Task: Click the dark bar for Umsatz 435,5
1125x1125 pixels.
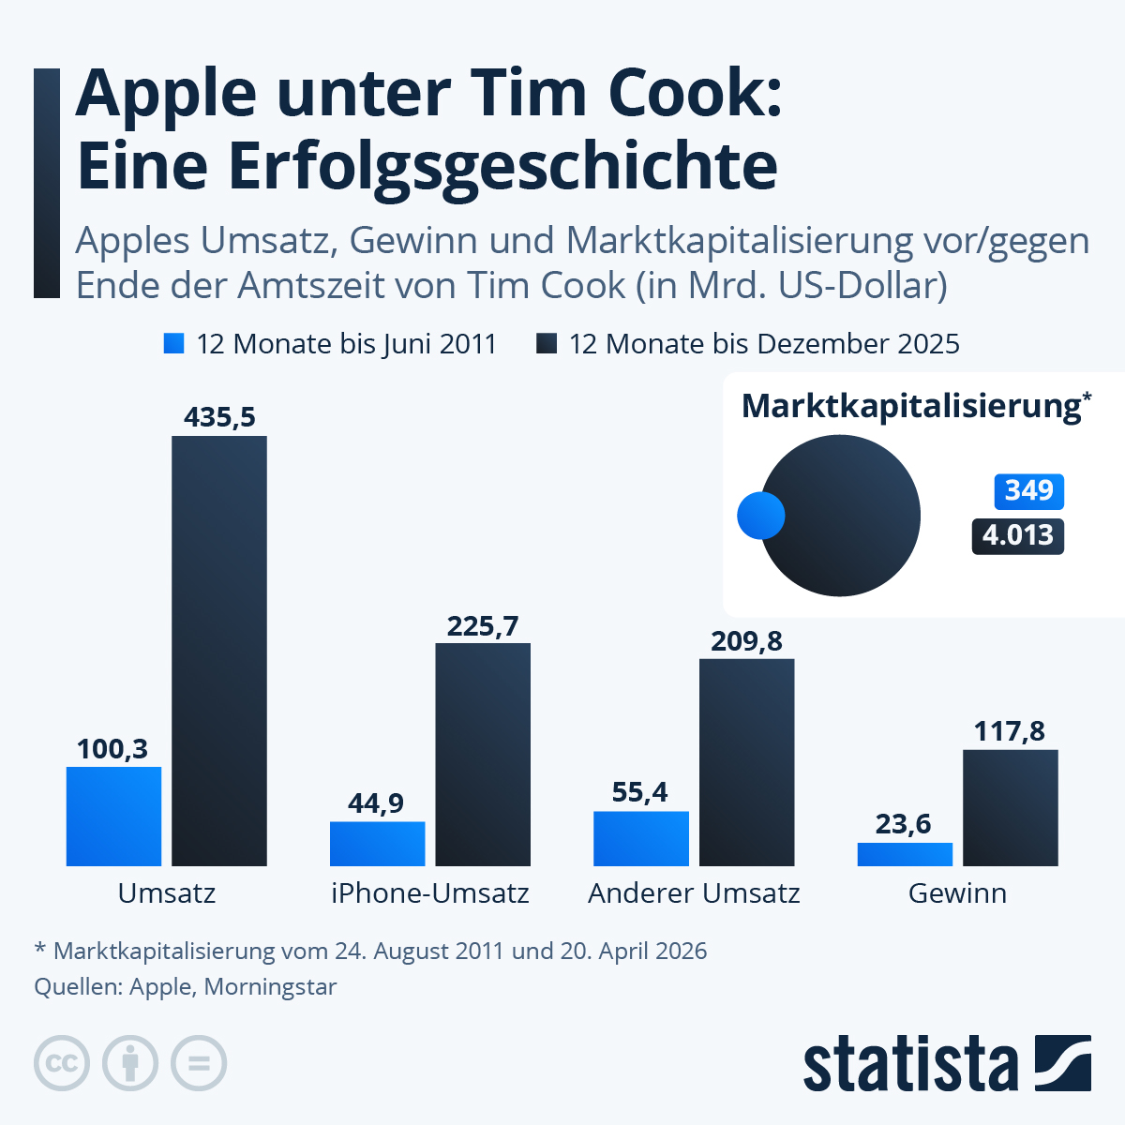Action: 219,651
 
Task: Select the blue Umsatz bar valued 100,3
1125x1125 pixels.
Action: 113,816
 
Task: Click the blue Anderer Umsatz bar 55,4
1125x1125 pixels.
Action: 641,838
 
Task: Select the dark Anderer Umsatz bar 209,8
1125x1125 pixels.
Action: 747,761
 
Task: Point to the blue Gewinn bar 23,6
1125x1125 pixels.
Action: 905,854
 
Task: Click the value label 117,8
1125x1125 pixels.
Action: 1009,731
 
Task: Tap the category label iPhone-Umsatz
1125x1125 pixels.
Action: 430,893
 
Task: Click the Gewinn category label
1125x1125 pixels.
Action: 957,893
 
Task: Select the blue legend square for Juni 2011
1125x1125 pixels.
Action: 173,344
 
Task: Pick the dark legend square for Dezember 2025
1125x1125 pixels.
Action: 547,344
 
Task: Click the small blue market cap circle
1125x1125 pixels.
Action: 760,516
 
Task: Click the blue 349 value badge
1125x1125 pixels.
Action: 1028,491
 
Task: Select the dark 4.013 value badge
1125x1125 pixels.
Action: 1017,536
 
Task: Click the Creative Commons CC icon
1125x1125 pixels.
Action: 62,1063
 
